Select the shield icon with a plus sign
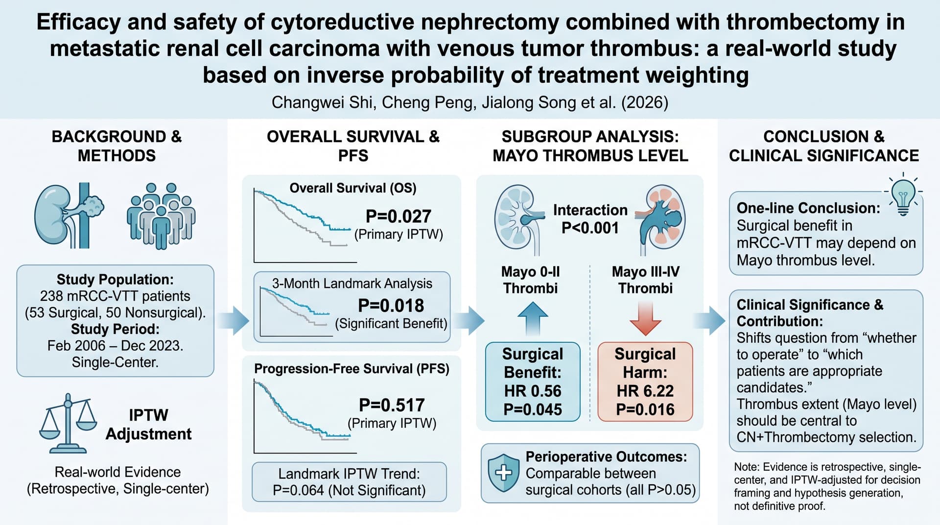504,473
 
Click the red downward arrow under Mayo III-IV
645,318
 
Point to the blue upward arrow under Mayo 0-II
533,318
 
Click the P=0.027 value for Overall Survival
399,216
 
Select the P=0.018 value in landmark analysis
391,306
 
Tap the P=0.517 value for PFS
392,405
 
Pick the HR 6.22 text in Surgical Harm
645,391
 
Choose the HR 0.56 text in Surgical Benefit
533,391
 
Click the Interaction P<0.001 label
590,219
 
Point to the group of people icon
161,215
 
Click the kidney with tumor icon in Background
69,215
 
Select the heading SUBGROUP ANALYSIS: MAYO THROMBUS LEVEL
590,146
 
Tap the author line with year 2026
470,102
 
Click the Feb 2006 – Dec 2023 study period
115,346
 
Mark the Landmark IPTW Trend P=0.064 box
349,482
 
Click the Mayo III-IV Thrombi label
645,280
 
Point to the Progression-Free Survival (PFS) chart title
352,369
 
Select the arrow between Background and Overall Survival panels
233,321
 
